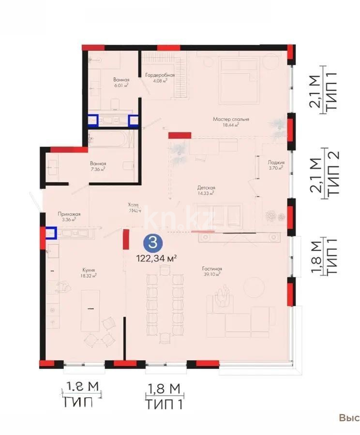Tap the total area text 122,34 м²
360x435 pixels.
(x=156, y=258)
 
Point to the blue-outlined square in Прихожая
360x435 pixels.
(x=51, y=233)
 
